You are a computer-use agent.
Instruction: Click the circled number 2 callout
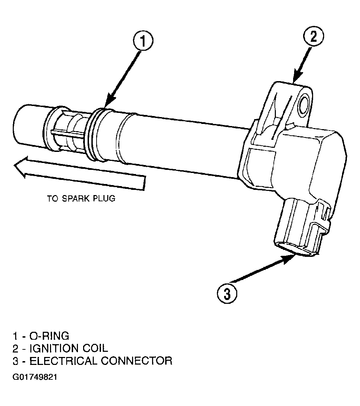click(313, 36)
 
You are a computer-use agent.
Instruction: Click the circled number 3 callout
click(227, 293)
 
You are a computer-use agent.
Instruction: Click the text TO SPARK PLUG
click(81, 199)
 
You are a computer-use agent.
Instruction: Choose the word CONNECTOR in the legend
click(137, 361)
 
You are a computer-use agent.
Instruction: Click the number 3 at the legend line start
click(16, 361)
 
